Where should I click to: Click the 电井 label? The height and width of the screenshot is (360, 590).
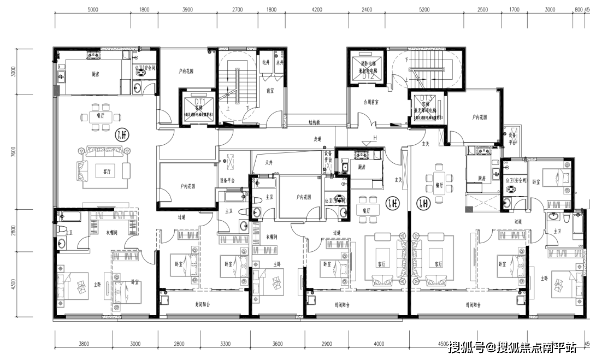(x=266, y=62)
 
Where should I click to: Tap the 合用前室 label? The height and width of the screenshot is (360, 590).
(x=371, y=102)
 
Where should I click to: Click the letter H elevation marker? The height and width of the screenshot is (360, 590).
(x=375, y=137)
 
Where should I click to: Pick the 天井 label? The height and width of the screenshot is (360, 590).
(x=269, y=162)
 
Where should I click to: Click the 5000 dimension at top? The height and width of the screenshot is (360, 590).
(x=92, y=10)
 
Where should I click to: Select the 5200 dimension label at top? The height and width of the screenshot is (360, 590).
(x=424, y=10)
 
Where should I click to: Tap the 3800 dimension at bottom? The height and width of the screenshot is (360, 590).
(x=84, y=344)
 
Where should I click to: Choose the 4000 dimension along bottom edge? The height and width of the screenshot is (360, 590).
(x=379, y=344)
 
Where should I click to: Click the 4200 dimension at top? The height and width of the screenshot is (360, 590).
(x=317, y=10)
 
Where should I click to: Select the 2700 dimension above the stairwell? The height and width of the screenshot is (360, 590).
(x=238, y=10)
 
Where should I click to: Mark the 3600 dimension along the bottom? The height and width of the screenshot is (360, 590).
(x=277, y=344)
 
